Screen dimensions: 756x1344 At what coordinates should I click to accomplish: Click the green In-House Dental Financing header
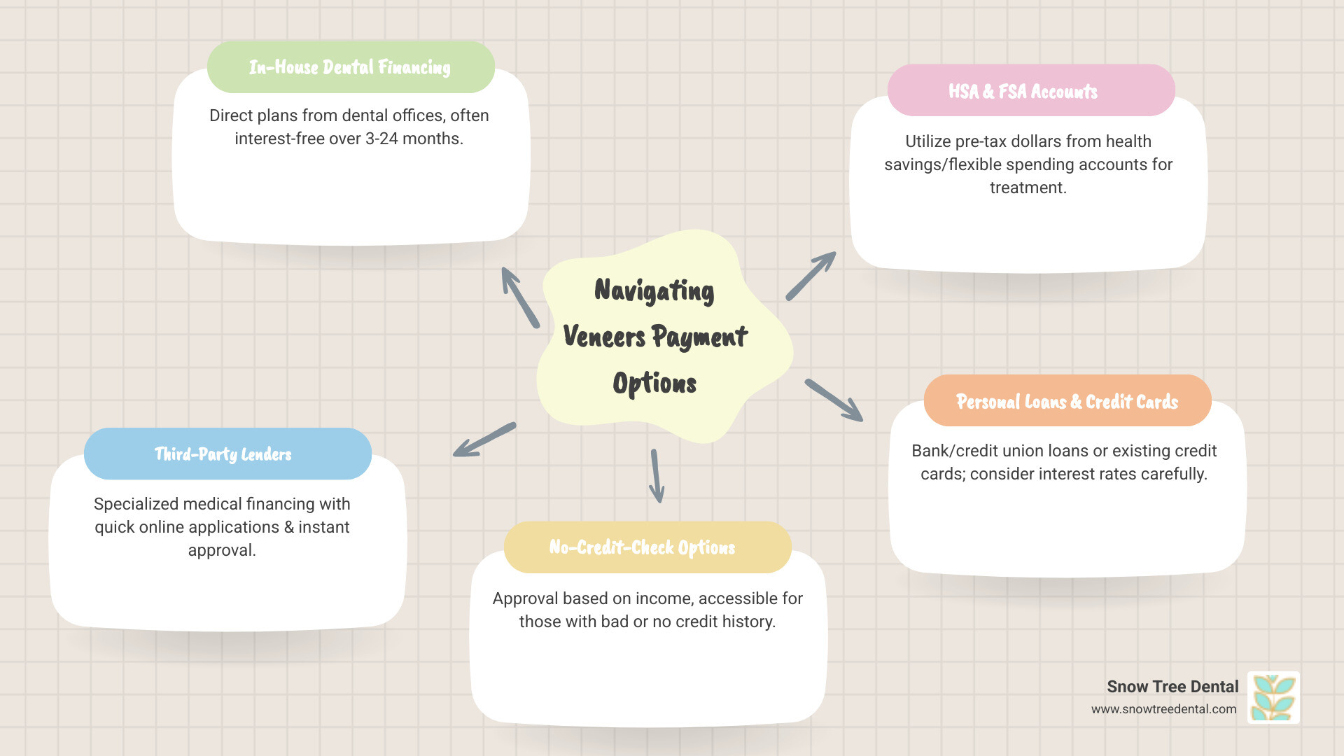pyautogui.click(x=350, y=67)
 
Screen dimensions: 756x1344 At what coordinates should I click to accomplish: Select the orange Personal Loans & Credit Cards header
pyautogui.click(x=1067, y=401)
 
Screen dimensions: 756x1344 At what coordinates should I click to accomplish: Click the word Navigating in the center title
pyautogui.click(x=654, y=290)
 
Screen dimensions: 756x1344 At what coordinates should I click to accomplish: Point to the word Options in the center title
pyautogui.click(x=654, y=384)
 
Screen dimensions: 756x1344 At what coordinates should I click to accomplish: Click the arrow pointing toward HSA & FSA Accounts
pyautogui.click(x=811, y=276)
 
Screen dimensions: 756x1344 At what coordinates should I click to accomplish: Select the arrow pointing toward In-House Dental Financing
pyautogui.click(x=520, y=297)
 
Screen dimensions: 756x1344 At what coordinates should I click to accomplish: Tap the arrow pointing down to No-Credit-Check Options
pyautogui.click(x=657, y=476)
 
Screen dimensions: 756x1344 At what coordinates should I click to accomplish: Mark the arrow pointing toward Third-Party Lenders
pyautogui.click(x=484, y=440)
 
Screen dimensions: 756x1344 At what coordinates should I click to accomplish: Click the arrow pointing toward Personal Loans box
pyautogui.click(x=834, y=400)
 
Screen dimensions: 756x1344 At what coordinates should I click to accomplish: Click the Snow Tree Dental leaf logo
pyautogui.click(x=1273, y=697)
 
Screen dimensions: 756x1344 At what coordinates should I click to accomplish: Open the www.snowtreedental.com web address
pyautogui.click(x=1163, y=709)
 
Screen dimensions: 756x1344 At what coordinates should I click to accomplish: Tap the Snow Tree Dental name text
pyautogui.click(x=1172, y=687)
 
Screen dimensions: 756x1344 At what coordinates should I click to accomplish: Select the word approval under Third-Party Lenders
pyautogui.click(x=222, y=550)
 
